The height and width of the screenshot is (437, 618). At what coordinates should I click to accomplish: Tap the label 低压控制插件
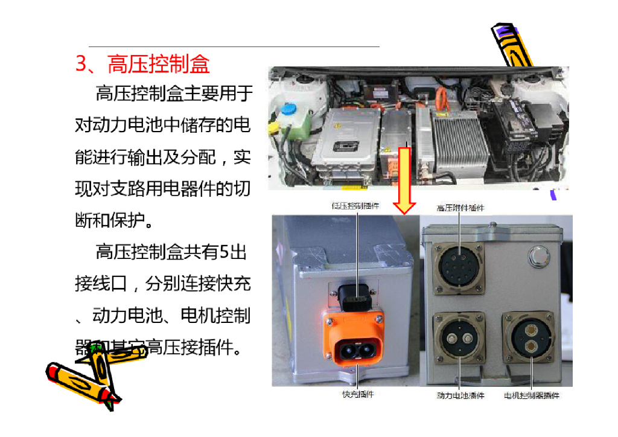tap(355, 206)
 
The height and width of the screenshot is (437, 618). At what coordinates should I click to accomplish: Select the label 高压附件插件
tap(460, 208)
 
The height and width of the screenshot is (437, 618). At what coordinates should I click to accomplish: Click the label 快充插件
tap(358, 394)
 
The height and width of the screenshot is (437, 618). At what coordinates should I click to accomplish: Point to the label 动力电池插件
tap(460, 396)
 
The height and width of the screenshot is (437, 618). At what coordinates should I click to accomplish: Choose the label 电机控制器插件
tap(532, 396)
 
